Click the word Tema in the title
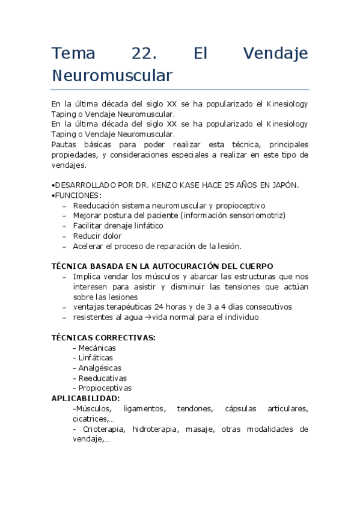73,54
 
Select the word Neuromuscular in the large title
112,76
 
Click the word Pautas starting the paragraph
64,144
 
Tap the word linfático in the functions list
146,226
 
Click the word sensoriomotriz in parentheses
256,215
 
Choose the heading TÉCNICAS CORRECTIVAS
103,337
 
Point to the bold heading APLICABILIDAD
85,399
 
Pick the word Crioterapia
103,429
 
